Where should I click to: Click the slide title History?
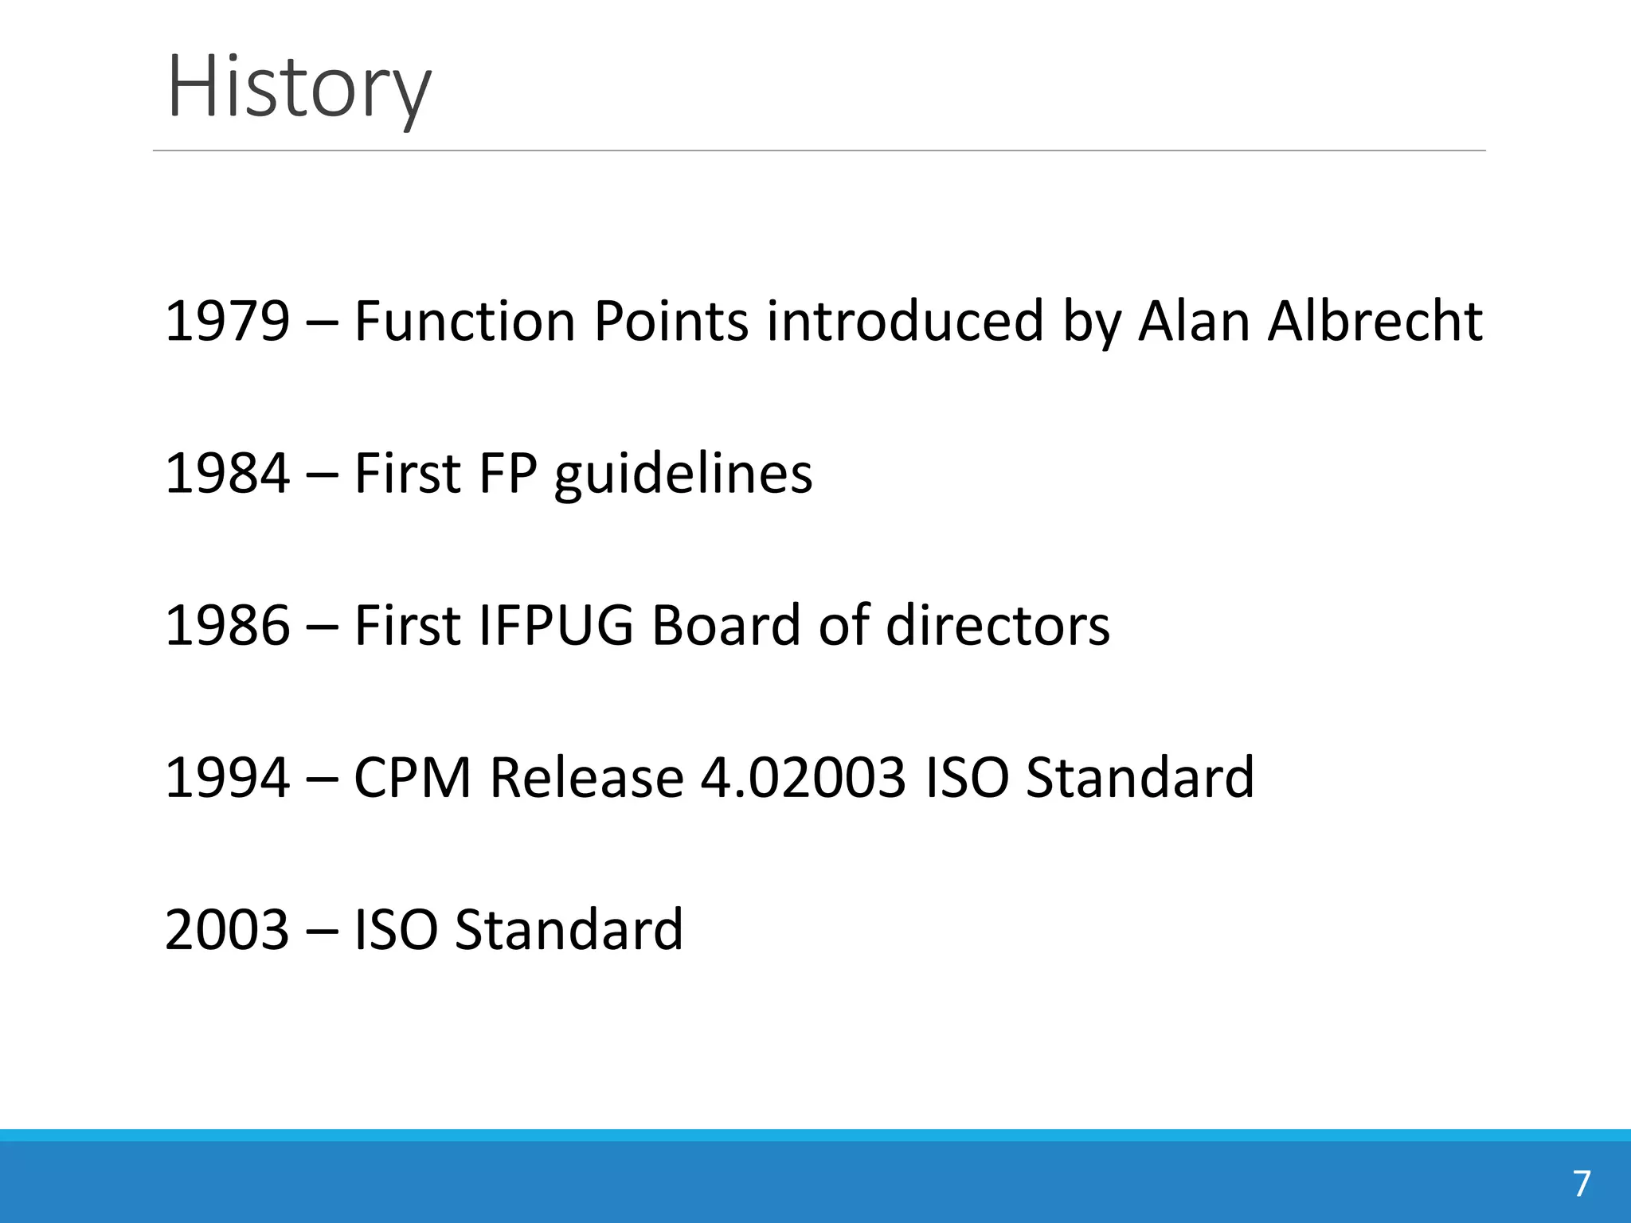(299, 86)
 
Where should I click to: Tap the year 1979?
(227, 321)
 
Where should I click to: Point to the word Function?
(464, 321)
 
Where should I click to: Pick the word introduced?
(905, 321)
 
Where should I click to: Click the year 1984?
(227, 473)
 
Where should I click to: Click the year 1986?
(227, 625)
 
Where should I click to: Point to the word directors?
(997, 625)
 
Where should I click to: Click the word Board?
(726, 625)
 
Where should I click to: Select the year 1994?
(227, 777)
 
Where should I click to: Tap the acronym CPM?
(413, 777)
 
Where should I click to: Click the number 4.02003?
(803, 777)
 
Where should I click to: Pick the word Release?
(586, 777)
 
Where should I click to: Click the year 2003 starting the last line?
(227, 929)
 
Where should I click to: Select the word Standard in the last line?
(569, 929)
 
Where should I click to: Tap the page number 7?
(1582, 1184)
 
